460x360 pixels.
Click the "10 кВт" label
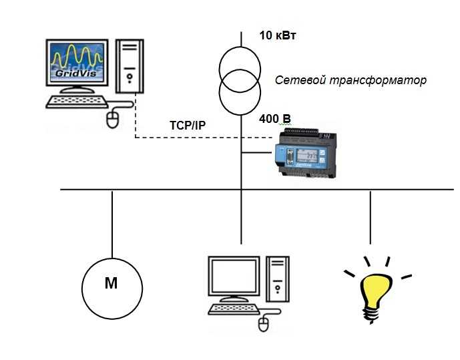pos(277,35)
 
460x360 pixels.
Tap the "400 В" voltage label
pos(275,120)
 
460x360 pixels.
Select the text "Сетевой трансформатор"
pos(351,80)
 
